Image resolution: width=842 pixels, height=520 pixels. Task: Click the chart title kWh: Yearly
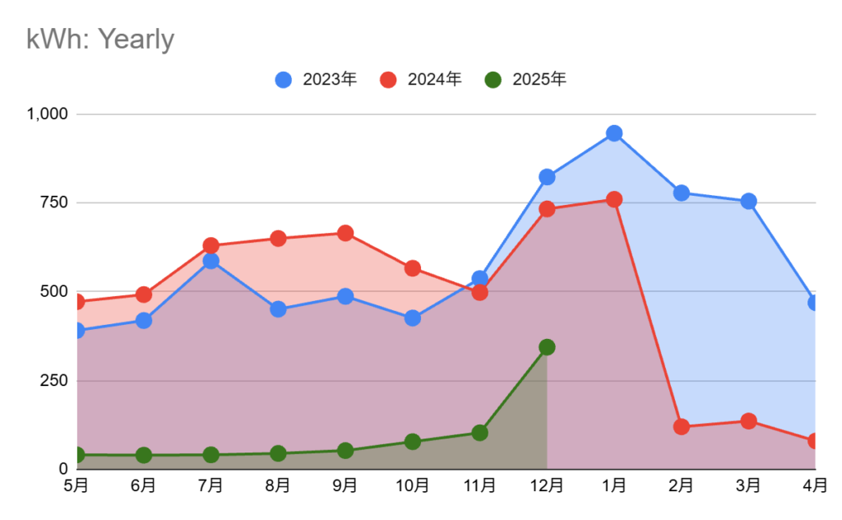pyautogui.click(x=100, y=39)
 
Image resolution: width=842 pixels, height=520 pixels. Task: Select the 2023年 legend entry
pyautogui.click(x=317, y=80)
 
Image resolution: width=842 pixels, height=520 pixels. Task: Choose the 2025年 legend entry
pyautogui.click(x=526, y=80)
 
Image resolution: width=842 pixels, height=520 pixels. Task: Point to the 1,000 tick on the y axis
pyautogui.click(x=49, y=114)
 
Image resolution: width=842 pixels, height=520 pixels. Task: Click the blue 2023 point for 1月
pyautogui.click(x=614, y=133)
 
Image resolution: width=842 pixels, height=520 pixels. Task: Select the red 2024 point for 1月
pyautogui.click(x=614, y=199)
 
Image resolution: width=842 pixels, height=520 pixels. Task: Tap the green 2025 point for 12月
pyautogui.click(x=547, y=347)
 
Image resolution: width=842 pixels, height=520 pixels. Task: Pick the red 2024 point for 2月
pyautogui.click(x=682, y=427)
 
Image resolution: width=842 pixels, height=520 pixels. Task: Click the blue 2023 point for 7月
pyautogui.click(x=211, y=261)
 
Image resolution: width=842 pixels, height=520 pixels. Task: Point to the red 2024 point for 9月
pyautogui.click(x=345, y=234)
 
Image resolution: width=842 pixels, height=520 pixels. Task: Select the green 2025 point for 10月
pyautogui.click(x=413, y=442)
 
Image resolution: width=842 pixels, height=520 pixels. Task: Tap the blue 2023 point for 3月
pyautogui.click(x=748, y=202)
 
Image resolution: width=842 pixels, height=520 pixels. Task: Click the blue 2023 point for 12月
pyautogui.click(x=547, y=177)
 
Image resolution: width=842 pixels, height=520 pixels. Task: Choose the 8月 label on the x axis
pyautogui.click(x=278, y=486)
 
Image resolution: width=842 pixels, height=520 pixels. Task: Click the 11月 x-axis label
pyautogui.click(x=479, y=486)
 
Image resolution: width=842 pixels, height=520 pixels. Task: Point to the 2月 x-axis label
pyautogui.click(x=682, y=486)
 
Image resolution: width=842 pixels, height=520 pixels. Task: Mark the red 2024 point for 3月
pyautogui.click(x=748, y=421)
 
